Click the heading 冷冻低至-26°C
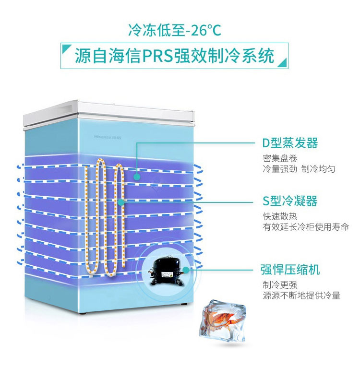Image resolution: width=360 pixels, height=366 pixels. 175,30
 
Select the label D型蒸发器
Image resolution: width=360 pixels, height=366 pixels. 290,143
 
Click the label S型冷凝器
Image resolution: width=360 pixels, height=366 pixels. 290,201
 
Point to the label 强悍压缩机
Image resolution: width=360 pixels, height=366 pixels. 290,270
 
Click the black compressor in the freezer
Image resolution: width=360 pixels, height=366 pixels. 166,270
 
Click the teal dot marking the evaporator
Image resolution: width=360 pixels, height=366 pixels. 137,177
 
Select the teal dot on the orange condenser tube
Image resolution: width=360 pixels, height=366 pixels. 121,202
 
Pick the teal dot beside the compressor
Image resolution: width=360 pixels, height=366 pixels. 186,270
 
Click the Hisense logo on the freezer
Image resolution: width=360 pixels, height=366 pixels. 108,137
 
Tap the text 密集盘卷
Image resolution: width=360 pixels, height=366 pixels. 280,158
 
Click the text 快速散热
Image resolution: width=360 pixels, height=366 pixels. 280,216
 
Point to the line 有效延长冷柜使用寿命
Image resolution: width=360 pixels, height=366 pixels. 306,226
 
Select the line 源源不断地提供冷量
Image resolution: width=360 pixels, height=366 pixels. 301,295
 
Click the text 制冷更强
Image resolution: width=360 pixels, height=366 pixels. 280,285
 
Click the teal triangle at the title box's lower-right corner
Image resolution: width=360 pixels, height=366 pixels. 283,63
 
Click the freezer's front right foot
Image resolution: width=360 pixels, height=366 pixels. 183,304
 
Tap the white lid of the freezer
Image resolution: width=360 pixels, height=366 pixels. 108,114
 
